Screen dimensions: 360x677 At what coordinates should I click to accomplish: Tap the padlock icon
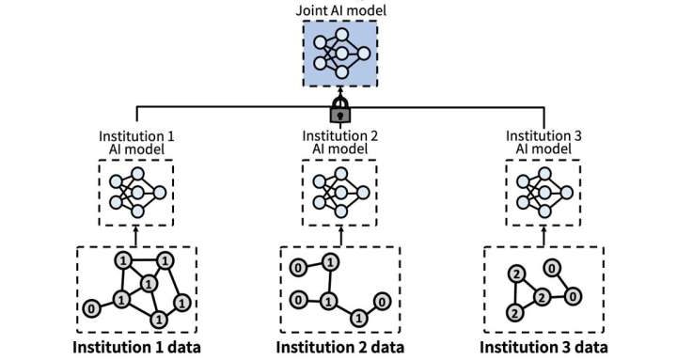coord(338,113)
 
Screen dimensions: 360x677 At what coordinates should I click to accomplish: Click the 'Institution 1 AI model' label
coord(136,143)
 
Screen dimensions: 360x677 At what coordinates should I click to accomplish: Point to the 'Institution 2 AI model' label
coord(338,143)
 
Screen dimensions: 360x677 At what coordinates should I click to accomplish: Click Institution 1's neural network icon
coord(137,191)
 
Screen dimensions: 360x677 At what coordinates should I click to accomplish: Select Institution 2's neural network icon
coord(338,191)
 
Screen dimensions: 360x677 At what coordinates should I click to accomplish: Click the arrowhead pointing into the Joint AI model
coord(338,95)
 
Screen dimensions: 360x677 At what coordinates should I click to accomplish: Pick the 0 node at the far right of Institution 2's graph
coord(381,301)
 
